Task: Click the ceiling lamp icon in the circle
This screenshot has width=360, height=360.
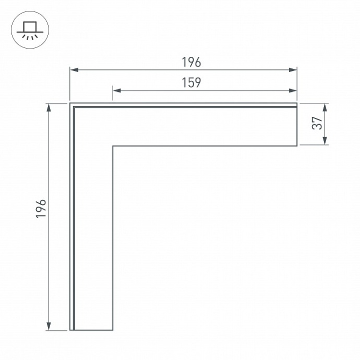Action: (30, 30)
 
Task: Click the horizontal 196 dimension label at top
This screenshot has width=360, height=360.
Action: (191, 62)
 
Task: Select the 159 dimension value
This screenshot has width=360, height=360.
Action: (191, 83)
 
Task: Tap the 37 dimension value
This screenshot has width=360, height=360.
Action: (316, 124)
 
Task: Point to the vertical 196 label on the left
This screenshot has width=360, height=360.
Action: (42, 208)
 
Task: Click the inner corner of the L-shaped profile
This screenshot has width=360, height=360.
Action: (113, 146)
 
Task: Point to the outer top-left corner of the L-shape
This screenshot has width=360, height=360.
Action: (70, 103)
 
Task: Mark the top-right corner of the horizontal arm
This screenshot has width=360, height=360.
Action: (297, 103)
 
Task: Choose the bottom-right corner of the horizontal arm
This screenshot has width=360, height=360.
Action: (297, 146)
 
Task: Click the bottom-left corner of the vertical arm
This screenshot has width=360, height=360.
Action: (70, 330)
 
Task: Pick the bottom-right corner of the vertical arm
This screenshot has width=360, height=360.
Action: (113, 330)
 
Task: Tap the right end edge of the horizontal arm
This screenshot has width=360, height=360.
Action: (297, 125)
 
